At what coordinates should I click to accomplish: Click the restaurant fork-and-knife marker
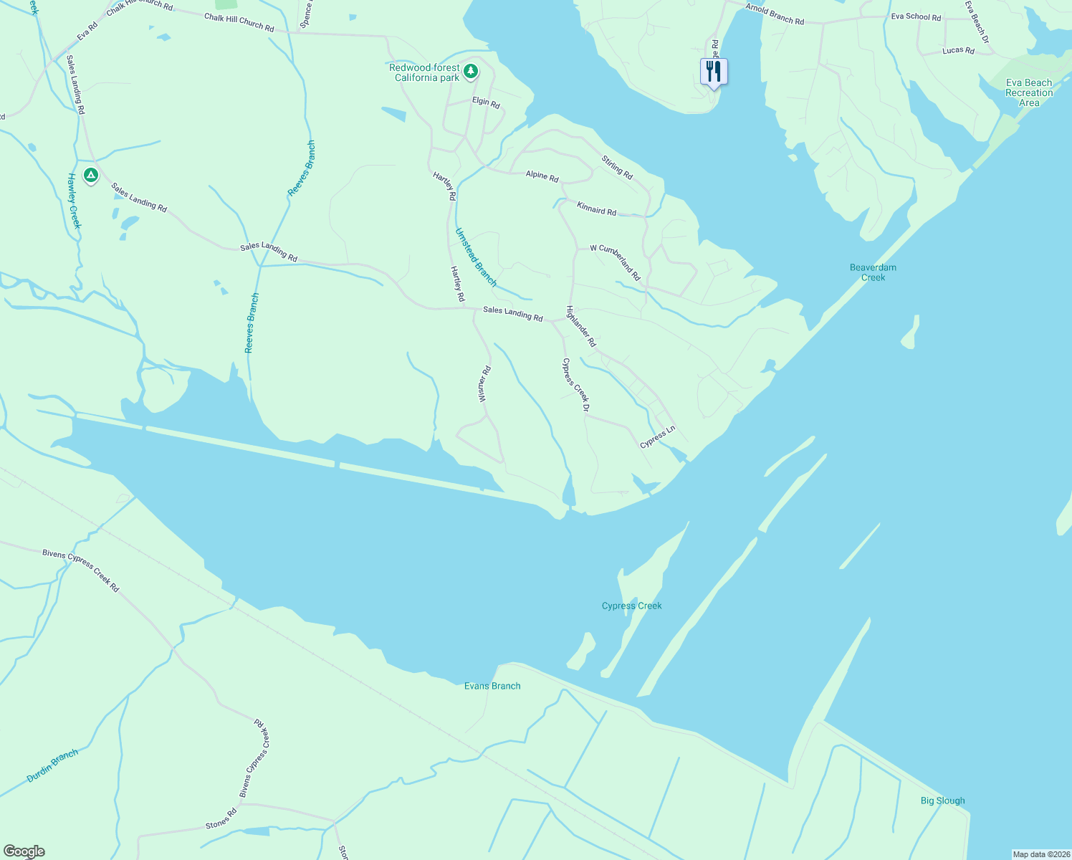(713, 71)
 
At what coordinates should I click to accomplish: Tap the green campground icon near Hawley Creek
(90, 174)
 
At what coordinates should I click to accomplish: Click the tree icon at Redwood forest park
(471, 71)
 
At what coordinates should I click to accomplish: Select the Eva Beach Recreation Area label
(1029, 92)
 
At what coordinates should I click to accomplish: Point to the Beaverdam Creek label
(873, 272)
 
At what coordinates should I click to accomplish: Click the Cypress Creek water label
(631, 606)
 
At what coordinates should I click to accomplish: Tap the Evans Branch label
(492, 686)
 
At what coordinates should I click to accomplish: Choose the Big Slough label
(942, 801)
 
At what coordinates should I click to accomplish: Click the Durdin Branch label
(52, 766)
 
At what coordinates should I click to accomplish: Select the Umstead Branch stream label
(476, 257)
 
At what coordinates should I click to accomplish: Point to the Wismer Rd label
(484, 383)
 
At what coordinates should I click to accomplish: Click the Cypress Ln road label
(658, 437)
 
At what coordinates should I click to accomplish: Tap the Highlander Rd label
(580, 327)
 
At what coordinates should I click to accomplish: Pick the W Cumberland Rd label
(615, 262)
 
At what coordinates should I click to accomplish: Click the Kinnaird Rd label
(596, 208)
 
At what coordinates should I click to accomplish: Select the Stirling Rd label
(617, 168)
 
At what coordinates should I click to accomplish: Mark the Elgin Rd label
(486, 102)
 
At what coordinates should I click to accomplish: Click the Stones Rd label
(221, 820)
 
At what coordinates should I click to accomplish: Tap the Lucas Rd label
(958, 51)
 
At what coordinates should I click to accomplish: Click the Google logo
(24, 851)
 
